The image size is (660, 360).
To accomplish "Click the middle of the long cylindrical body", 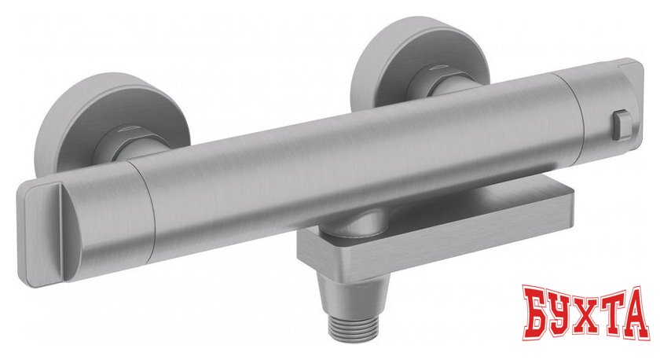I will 354,157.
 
